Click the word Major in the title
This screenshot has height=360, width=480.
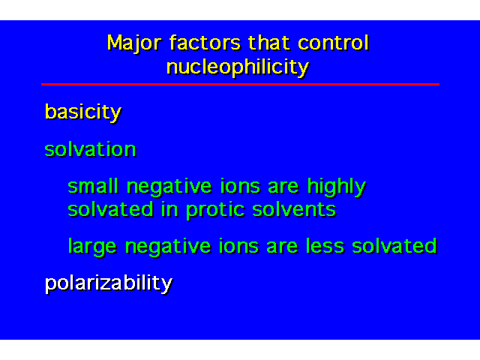[x=134, y=43]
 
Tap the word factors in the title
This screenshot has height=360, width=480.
[x=205, y=43]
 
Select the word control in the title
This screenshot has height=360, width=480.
[x=333, y=43]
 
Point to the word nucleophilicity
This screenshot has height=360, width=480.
[x=238, y=67]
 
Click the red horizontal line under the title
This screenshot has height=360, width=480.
[x=240, y=84]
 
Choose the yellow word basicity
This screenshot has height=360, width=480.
[x=83, y=112]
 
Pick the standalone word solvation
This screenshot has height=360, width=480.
[x=90, y=149]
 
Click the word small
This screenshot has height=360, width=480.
[x=93, y=186]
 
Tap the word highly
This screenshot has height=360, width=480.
[x=337, y=187]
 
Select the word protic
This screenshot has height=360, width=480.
[x=215, y=211]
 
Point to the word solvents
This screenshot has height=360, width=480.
[x=295, y=210]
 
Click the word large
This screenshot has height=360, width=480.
[x=92, y=247]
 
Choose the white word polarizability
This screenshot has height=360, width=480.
[x=109, y=283]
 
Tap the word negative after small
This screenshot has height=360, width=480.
[x=169, y=187]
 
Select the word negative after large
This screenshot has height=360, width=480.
[x=168, y=247]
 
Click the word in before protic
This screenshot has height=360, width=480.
[x=169, y=210]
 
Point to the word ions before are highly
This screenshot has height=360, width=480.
[x=240, y=186]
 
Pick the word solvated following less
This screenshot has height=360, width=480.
[x=394, y=246]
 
